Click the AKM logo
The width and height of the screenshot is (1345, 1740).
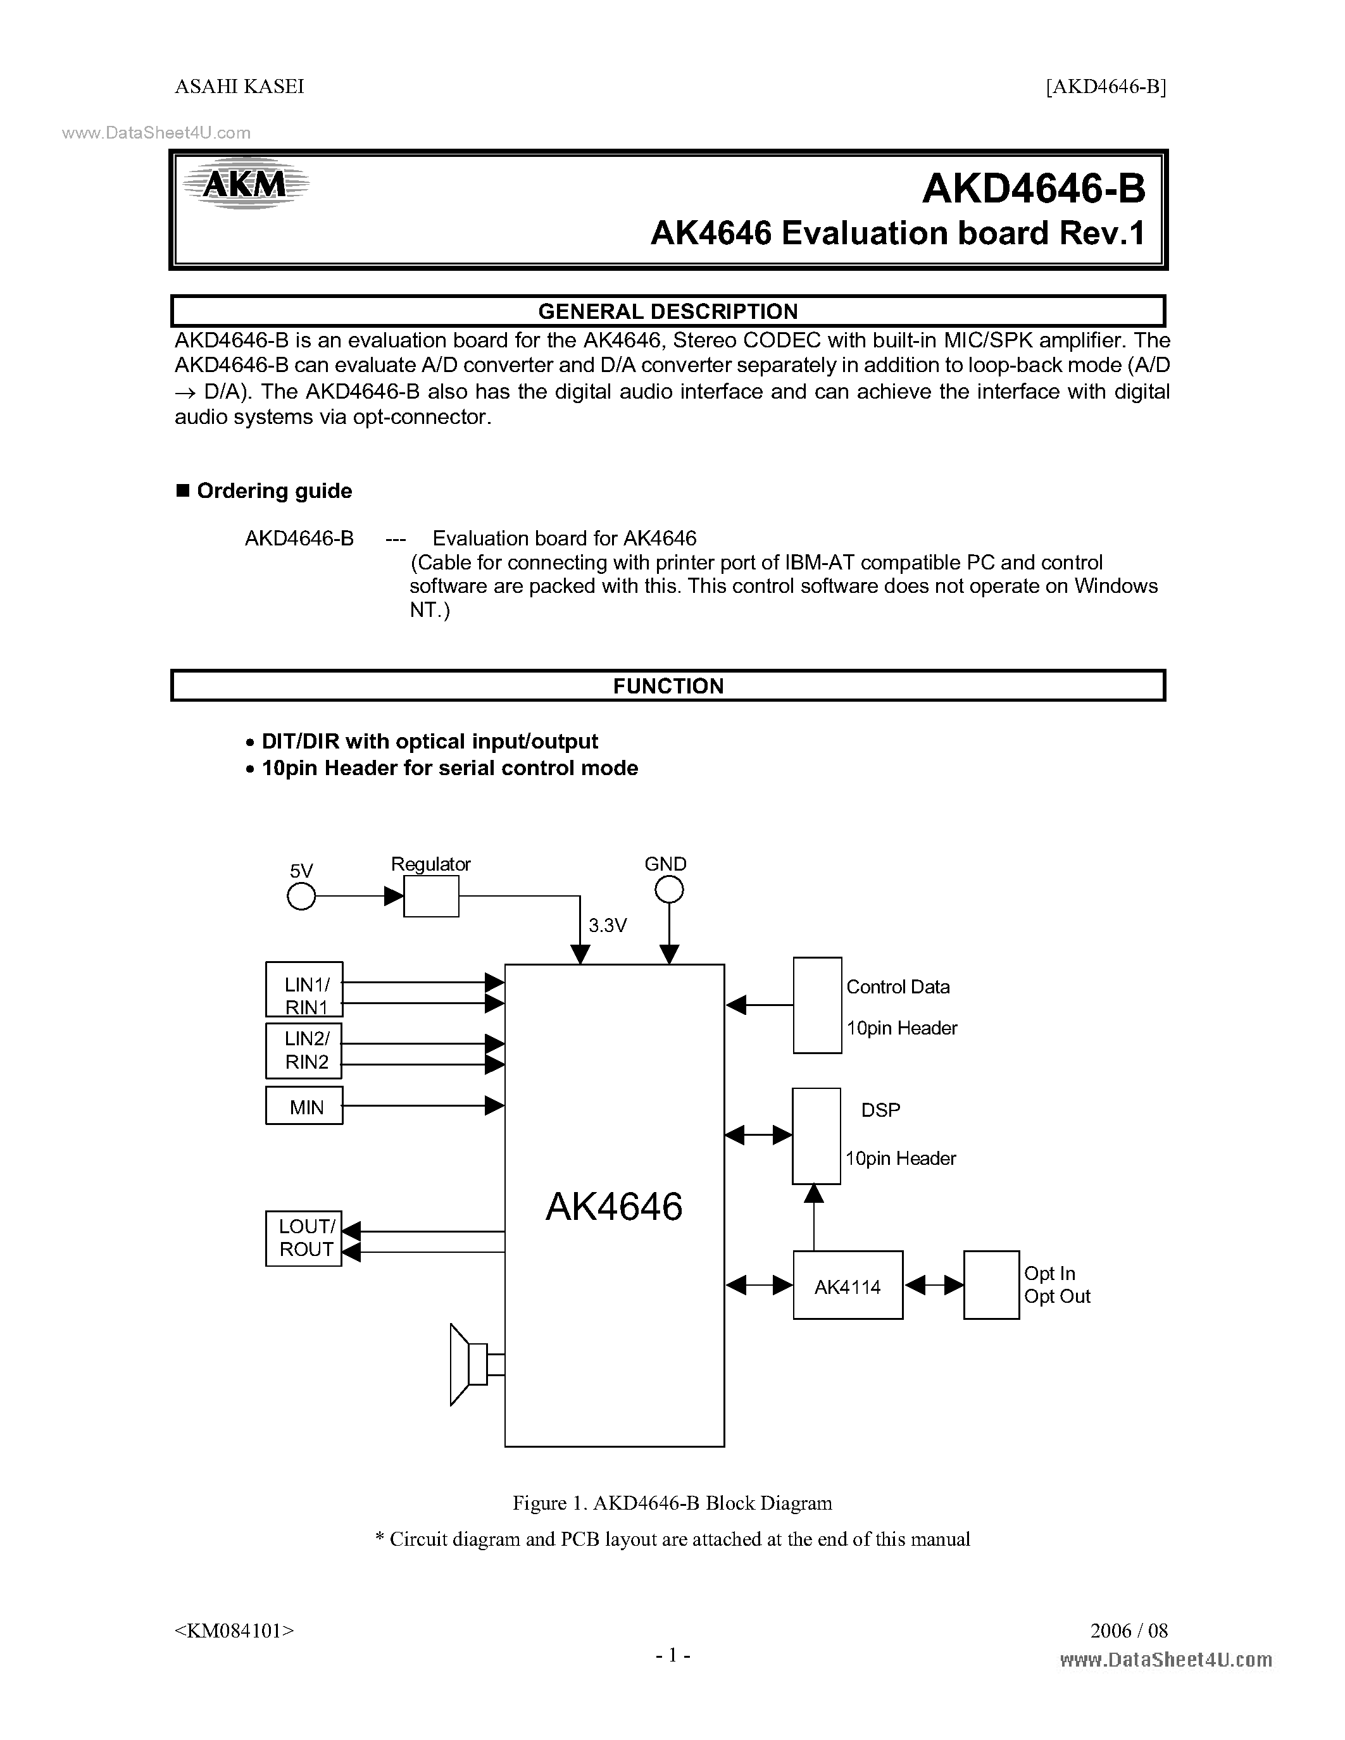point(244,184)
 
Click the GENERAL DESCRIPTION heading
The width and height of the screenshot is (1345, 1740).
point(668,311)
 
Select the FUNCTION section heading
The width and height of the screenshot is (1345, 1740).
point(668,686)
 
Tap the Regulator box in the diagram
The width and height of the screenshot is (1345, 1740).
point(431,897)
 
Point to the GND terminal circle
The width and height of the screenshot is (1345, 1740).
point(669,890)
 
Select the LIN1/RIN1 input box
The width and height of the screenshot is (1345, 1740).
point(304,990)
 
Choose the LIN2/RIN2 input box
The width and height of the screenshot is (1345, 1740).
point(304,1050)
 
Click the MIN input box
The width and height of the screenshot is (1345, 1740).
point(304,1106)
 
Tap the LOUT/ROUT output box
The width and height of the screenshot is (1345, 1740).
point(304,1238)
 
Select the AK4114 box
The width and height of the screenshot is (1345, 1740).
point(848,1285)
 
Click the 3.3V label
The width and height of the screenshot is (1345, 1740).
point(607,925)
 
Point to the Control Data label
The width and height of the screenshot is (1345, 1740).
point(898,987)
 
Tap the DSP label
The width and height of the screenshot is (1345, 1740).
point(880,1110)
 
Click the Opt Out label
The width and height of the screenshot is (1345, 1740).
point(1056,1296)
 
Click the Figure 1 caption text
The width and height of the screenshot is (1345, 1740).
point(672,1503)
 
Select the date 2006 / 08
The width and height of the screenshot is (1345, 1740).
point(1129,1631)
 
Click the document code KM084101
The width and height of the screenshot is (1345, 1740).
point(234,1631)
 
